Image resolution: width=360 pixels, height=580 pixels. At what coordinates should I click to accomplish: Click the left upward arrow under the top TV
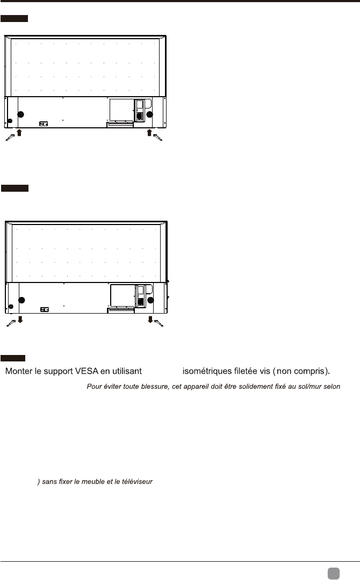(19, 133)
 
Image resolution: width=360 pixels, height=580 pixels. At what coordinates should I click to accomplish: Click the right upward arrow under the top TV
(150, 133)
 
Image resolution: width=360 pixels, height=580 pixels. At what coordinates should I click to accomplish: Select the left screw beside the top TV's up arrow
(10, 138)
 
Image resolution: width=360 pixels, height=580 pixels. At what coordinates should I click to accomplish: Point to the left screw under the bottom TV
(11, 323)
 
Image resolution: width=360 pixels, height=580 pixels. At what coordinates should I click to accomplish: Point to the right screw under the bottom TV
(160, 323)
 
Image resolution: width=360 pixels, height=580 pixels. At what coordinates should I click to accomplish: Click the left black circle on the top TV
(21, 114)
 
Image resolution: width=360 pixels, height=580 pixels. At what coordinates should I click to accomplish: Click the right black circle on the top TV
(150, 114)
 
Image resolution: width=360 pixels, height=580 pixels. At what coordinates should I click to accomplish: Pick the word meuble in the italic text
(95, 482)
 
